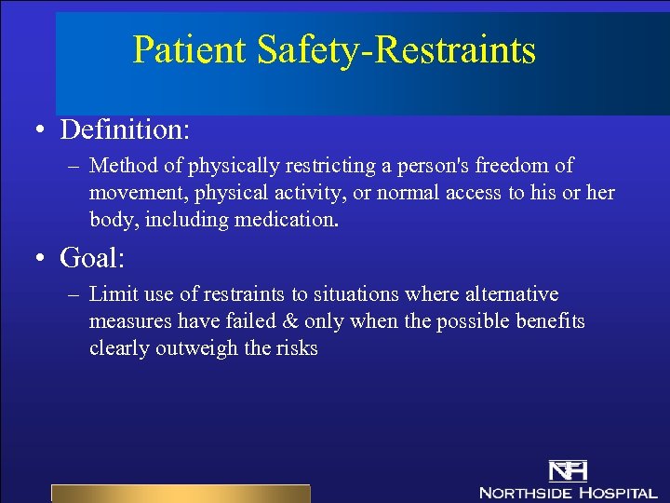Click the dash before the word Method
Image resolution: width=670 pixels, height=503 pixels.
point(75,167)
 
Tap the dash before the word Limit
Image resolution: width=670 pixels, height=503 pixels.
point(75,295)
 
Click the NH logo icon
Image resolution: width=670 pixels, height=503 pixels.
point(567,469)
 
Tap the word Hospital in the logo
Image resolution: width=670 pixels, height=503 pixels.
point(616,492)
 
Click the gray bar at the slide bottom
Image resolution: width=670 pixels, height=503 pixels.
point(180,494)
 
